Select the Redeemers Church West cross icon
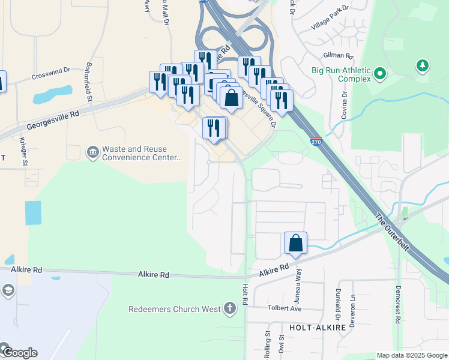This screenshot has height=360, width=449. (x=229, y=309)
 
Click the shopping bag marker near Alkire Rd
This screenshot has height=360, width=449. (x=295, y=244)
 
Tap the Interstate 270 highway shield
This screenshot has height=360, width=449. (x=316, y=142)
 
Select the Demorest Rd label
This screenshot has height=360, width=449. (x=397, y=304)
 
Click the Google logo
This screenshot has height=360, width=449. (x=19, y=353)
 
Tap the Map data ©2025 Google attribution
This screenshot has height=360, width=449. (x=411, y=355)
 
